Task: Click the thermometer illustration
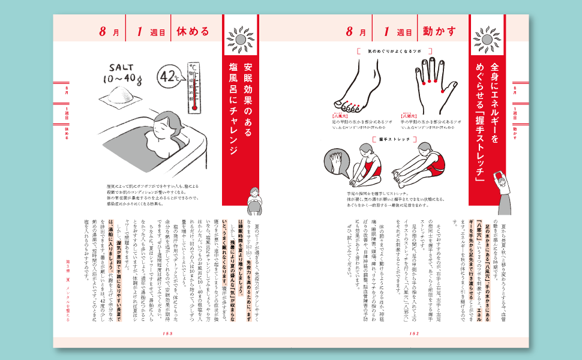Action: point(194,88)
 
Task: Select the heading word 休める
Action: point(193,31)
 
